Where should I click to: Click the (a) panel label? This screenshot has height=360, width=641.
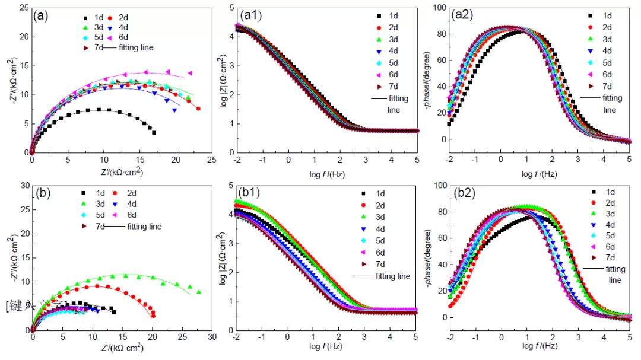point(43,16)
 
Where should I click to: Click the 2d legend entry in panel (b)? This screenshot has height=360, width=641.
point(126,193)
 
